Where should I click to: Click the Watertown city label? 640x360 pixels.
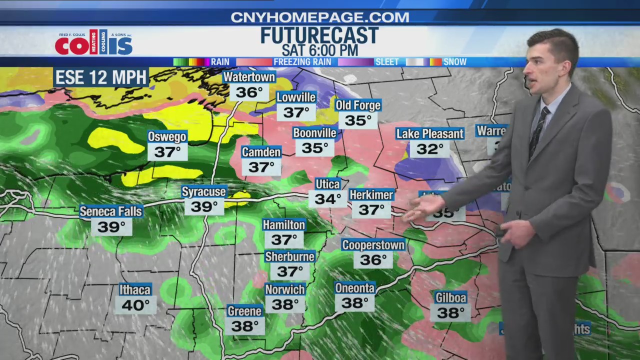(x=249, y=77)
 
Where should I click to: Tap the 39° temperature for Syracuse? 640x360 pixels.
(x=204, y=206)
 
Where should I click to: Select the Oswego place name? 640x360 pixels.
(x=167, y=136)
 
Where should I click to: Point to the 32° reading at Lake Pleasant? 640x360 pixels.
(x=430, y=149)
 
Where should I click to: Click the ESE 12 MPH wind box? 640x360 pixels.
(x=101, y=77)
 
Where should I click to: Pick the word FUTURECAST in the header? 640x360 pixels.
(x=319, y=36)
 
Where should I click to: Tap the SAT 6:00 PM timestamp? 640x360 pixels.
(x=319, y=50)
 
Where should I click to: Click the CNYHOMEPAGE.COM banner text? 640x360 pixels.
(x=319, y=17)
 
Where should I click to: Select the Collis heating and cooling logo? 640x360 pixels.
(x=93, y=42)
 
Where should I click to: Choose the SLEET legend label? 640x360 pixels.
(x=387, y=62)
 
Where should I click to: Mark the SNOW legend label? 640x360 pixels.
(x=454, y=62)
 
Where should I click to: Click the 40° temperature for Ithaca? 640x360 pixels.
(x=135, y=305)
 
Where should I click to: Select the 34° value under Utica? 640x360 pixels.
(x=327, y=199)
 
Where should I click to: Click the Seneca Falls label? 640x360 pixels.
(x=111, y=211)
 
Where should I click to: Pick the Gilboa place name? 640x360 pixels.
(x=450, y=298)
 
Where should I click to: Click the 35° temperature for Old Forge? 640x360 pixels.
(x=358, y=120)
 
